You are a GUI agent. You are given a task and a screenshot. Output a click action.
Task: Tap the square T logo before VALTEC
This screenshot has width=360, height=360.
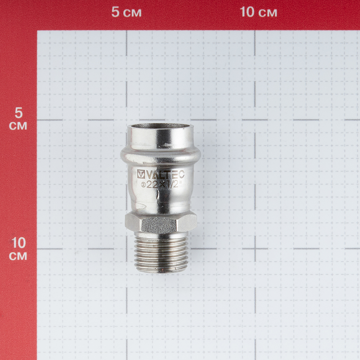pyautogui.click(x=141, y=174)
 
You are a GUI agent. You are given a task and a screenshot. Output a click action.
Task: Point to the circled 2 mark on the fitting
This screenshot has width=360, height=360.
pyautogui.click(x=143, y=185)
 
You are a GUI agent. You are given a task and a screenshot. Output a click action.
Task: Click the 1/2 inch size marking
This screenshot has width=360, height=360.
pyautogui.click(x=174, y=184)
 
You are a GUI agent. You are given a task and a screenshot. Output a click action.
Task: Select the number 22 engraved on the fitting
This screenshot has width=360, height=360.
pyautogui.click(x=152, y=184)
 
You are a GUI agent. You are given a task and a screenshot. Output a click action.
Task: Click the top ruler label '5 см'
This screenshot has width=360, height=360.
pyautogui.click(x=126, y=12)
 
